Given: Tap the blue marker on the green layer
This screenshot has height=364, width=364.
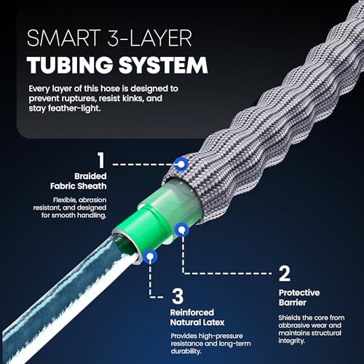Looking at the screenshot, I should (183, 229).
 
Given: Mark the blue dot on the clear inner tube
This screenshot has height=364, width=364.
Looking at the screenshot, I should (150, 256).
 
